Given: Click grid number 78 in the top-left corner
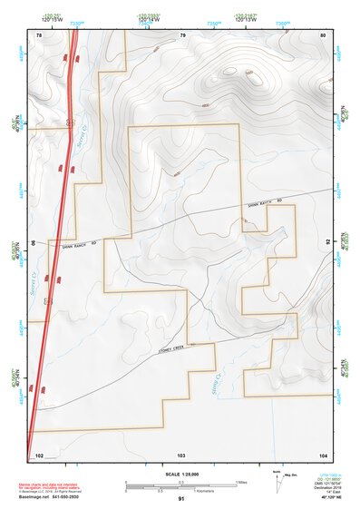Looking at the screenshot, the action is point(38,34).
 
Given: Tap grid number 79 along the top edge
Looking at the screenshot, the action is point(182,34).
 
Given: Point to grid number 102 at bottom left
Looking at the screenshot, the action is point(39,454).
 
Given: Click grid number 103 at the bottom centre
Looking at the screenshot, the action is point(181,454).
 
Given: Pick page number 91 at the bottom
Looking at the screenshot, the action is point(181,500).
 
